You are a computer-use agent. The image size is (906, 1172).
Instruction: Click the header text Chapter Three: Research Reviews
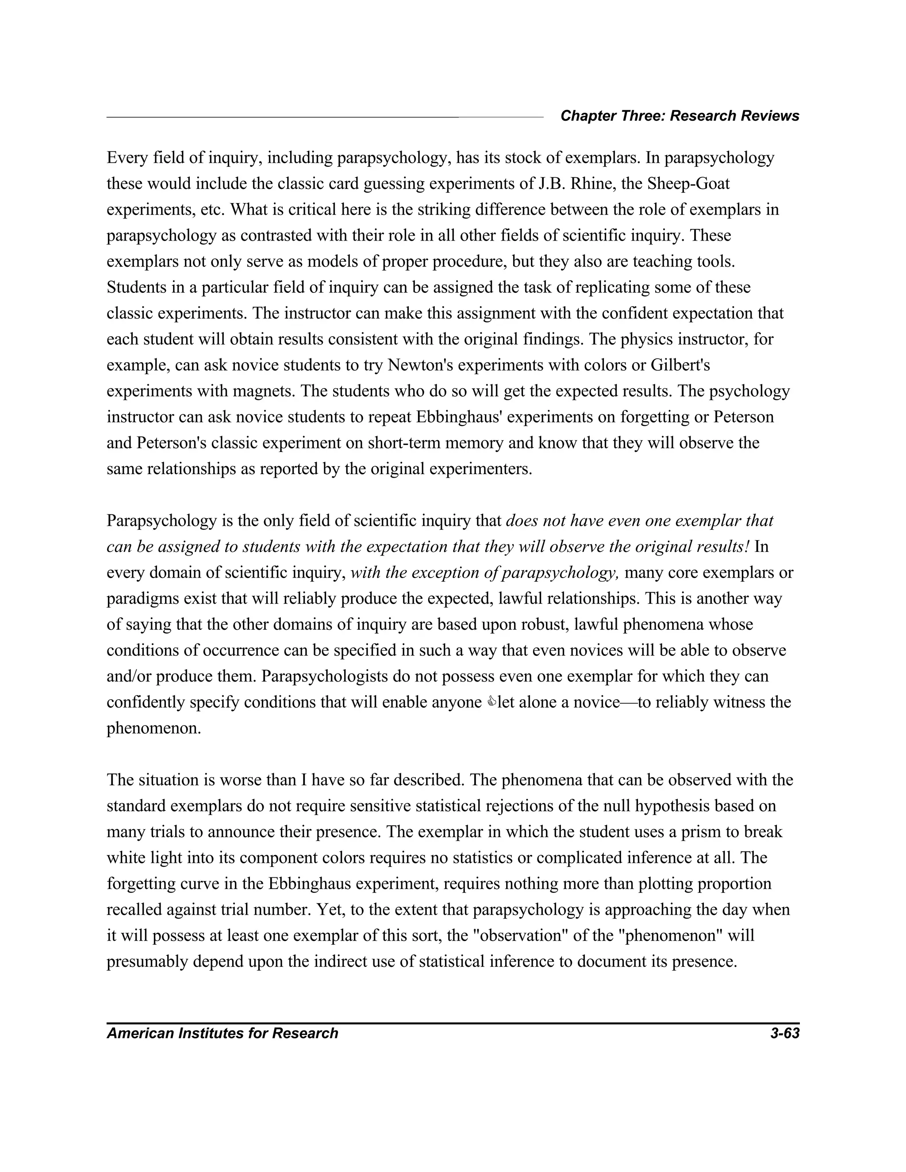679,116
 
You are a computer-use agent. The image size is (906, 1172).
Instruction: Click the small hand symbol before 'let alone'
491,702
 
